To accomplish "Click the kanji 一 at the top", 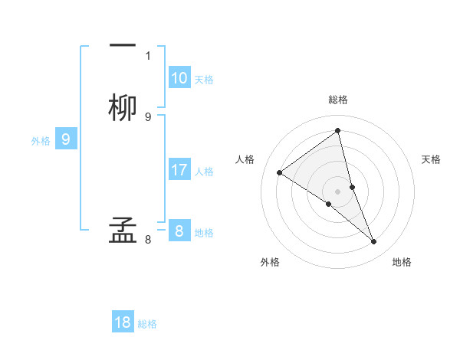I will pyautogui.click(x=123, y=44).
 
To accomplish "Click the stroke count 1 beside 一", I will pyautogui.click(x=148, y=56).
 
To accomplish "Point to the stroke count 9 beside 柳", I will pyautogui.click(x=148, y=116).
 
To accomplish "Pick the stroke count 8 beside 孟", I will pyautogui.click(x=148, y=240).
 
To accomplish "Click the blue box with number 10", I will pyautogui.click(x=179, y=78).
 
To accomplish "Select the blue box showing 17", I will pyautogui.click(x=179, y=170).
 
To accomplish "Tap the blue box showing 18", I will pyautogui.click(x=123, y=322).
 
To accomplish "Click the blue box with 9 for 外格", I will pyautogui.click(x=66, y=139).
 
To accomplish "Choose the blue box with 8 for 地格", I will pyautogui.click(x=179, y=231).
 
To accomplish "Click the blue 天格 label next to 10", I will pyautogui.click(x=204, y=79).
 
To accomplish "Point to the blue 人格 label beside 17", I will pyautogui.click(x=204, y=171).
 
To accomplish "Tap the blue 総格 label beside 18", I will pyautogui.click(x=147, y=323).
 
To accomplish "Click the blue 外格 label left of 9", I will pyautogui.click(x=41, y=140).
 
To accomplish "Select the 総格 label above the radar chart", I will pyautogui.click(x=338, y=100).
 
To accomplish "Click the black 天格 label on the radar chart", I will pyautogui.click(x=432, y=159).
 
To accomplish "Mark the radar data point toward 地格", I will pyautogui.click(x=374, y=242).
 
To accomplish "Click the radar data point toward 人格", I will pyautogui.click(x=280, y=172).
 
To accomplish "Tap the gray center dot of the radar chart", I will pyautogui.click(x=338, y=191).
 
